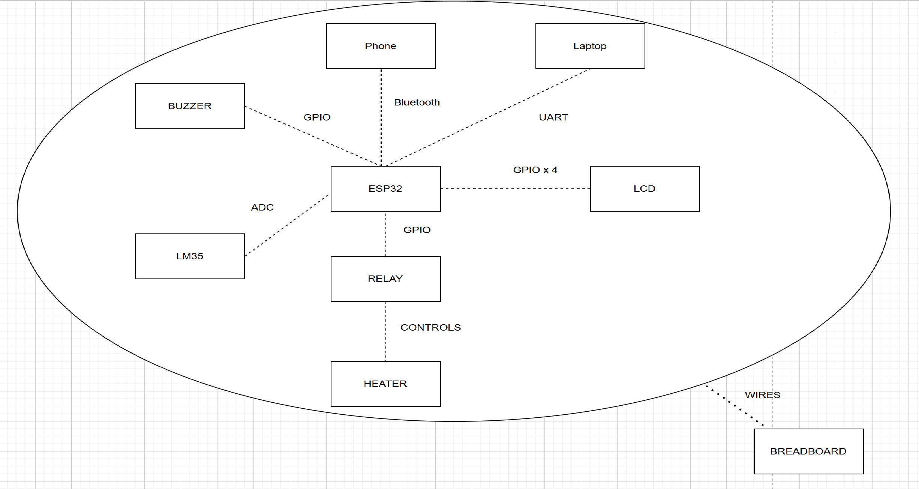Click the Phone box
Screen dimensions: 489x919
381,46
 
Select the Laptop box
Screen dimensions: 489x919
590,46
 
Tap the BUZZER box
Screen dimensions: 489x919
190,106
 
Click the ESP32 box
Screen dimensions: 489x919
385,189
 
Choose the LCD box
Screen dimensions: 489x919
645,189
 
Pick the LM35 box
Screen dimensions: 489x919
190,256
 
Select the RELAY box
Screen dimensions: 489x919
385,279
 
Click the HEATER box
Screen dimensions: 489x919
385,384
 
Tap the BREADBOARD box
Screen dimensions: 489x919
808,451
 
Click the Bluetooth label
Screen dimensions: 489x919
417,102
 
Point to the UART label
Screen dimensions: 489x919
553,117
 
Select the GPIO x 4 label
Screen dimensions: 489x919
535,170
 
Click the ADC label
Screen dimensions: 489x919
262,208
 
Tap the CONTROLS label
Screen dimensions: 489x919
430,328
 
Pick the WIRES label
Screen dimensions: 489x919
762,395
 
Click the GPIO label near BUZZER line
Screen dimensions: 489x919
317,117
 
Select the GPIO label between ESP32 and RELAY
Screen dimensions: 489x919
417,230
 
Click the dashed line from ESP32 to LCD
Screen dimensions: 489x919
516,189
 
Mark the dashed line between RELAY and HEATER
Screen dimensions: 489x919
386,331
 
